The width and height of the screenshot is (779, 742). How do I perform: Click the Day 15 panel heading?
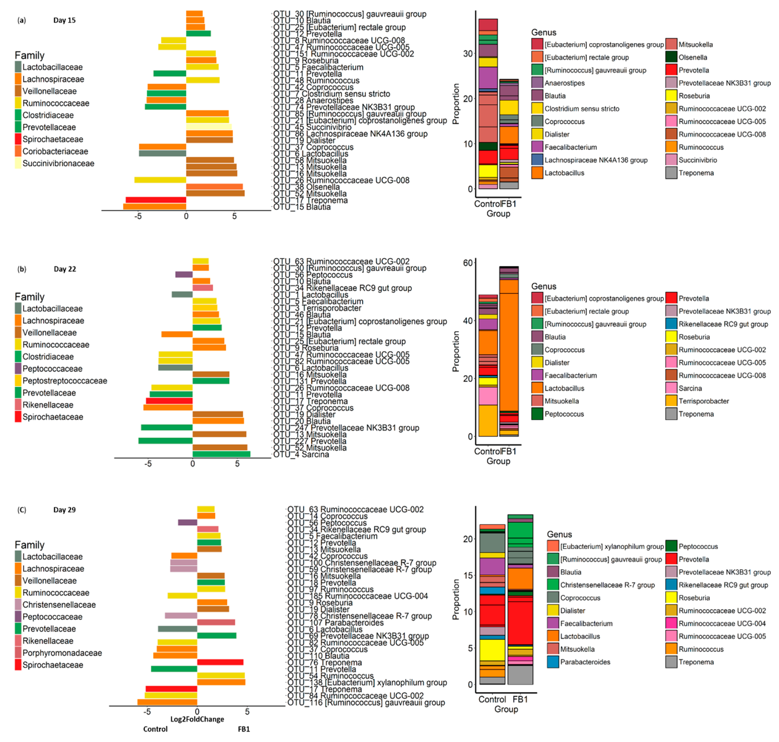click(x=64, y=20)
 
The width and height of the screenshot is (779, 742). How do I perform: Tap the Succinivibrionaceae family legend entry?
click(x=58, y=163)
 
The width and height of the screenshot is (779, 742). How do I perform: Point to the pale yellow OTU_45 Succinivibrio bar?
click(x=209, y=127)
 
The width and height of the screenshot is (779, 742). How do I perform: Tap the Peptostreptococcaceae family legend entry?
click(x=64, y=381)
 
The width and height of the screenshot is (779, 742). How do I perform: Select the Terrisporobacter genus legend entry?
click(x=703, y=401)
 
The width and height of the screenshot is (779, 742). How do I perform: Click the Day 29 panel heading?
click(x=64, y=510)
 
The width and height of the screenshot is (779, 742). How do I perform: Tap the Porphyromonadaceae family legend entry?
click(x=62, y=653)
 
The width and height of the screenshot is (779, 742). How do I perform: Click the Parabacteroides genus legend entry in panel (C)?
click(x=585, y=662)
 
